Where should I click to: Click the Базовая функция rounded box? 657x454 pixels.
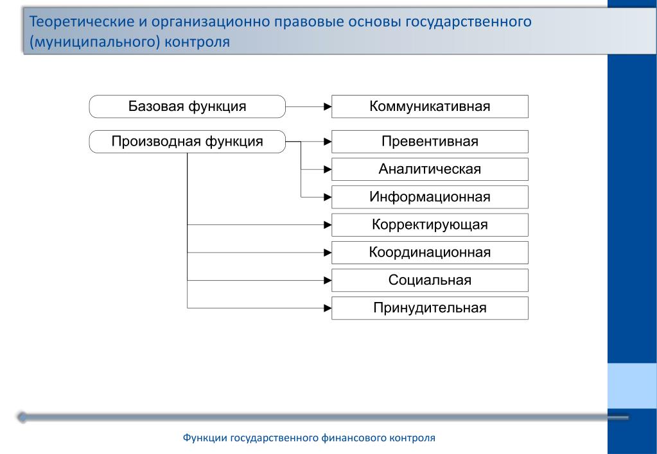tap(188, 106)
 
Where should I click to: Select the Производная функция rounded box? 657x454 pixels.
tap(188, 142)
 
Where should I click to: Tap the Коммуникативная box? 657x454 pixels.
tap(430, 106)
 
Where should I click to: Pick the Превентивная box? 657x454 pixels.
tap(430, 142)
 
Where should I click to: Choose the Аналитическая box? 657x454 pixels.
tap(430, 169)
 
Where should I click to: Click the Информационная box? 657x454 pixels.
tap(430, 197)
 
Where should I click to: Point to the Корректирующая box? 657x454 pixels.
tap(430, 224)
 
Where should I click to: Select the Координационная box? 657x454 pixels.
tap(430, 252)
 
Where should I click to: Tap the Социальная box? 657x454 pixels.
tap(430, 280)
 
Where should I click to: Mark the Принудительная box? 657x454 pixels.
tap(430, 308)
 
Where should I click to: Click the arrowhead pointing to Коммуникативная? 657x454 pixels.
tap(328, 106)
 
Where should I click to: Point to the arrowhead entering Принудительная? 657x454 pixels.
tap(328, 308)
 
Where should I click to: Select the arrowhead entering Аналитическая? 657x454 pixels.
tap(328, 169)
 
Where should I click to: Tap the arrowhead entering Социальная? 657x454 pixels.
tap(328, 280)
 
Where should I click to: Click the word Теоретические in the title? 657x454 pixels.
tap(82, 21)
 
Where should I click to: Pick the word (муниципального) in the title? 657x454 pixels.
tap(94, 42)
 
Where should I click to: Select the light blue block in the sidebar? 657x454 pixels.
tap(633, 386)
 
